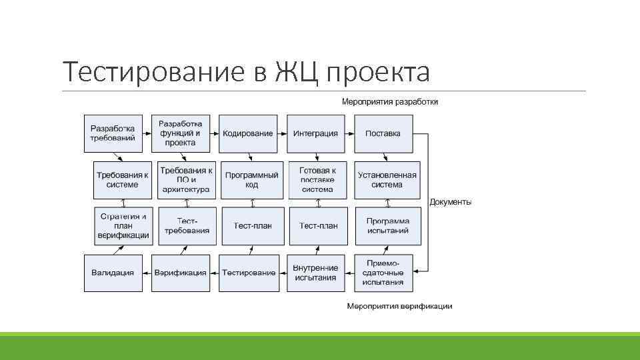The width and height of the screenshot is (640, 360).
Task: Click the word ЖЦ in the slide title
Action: click(x=296, y=71)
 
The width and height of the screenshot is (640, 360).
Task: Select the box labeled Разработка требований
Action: click(x=113, y=133)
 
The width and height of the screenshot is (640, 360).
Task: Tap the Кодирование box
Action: click(x=248, y=133)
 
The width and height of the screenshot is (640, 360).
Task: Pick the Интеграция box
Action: click(x=315, y=133)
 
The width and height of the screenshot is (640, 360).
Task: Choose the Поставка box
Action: click(x=383, y=133)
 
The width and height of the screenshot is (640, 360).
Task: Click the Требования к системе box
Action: click(x=122, y=180)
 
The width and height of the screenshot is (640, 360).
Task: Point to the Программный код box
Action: click(x=252, y=180)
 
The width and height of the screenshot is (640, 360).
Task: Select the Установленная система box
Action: click(x=387, y=180)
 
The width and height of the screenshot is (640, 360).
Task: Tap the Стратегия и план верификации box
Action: click(x=123, y=226)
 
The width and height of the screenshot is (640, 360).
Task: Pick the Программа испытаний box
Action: click(x=387, y=226)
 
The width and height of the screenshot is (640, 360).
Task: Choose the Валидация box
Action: click(x=113, y=273)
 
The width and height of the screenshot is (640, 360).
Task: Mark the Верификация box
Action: click(x=180, y=273)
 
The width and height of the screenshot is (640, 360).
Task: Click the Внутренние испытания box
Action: click(x=315, y=273)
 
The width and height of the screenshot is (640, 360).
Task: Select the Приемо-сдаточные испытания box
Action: click(x=383, y=273)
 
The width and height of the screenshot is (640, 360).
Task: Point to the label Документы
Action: click(x=451, y=202)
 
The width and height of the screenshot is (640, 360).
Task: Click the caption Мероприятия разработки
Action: click(x=389, y=102)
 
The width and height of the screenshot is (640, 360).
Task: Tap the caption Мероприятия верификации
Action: click(x=399, y=306)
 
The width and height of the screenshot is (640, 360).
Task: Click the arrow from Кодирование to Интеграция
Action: click(x=283, y=133)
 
